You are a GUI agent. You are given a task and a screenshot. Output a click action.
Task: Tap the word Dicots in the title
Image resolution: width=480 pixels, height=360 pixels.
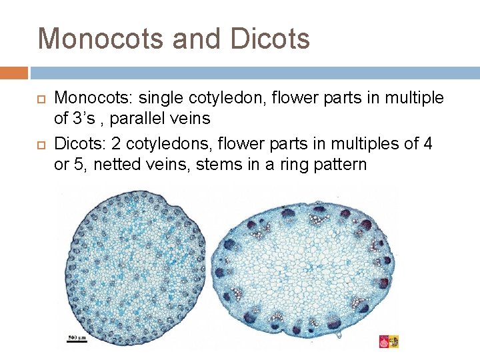point(270,39)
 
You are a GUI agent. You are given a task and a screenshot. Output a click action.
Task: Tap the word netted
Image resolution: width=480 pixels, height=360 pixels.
point(118,164)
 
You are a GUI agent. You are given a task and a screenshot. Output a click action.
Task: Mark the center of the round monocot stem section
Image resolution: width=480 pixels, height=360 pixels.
point(133,267)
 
